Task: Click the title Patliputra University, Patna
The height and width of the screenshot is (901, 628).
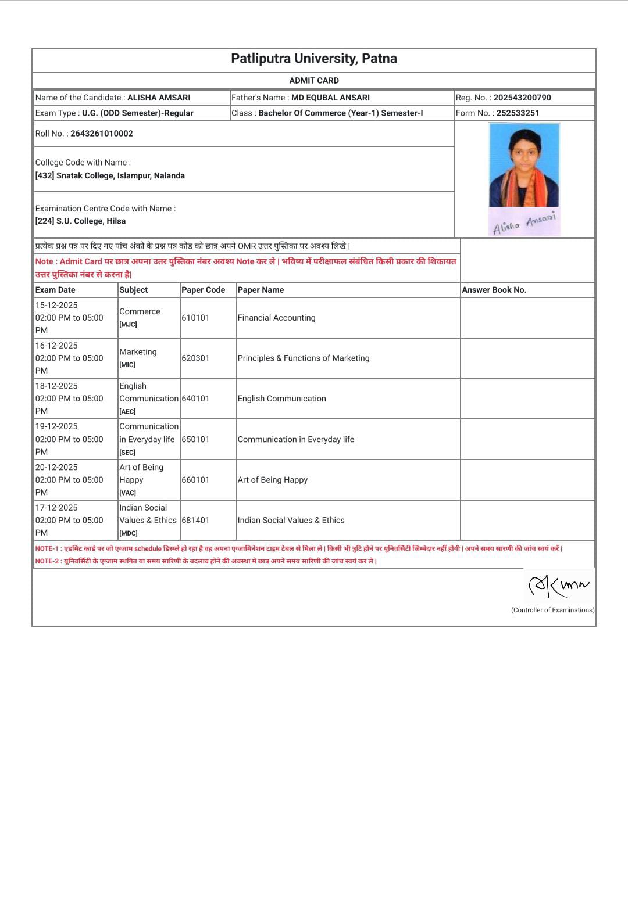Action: [x=314, y=59]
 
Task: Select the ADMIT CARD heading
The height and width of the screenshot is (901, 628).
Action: [x=314, y=81]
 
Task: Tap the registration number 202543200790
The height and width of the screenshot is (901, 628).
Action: [x=522, y=98]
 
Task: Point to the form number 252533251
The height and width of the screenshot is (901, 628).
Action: [x=518, y=113]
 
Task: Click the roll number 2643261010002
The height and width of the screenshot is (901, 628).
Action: [x=102, y=134]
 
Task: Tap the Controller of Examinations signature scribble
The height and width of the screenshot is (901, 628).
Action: [x=559, y=586]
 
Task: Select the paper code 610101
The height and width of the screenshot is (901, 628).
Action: [x=195, y=318]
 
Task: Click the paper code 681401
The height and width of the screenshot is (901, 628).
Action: [x=195, y=521]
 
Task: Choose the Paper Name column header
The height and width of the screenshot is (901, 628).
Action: [x=261, y=290]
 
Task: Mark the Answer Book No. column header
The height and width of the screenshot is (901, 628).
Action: [x=494, y=290]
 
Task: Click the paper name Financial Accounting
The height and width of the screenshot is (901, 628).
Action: [x=276, y=318]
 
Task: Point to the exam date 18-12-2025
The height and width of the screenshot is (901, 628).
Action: [x=56, y=386]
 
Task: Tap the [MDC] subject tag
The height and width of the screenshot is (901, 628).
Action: [x=129, y=533]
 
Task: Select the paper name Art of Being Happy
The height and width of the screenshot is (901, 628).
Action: [x=272, y=480]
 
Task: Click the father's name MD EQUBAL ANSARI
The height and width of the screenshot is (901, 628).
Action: [x=330, y=98]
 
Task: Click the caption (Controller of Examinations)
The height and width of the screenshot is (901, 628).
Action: [x=552, y=610]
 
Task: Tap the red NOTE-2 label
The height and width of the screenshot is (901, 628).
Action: [x=47, y=561]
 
